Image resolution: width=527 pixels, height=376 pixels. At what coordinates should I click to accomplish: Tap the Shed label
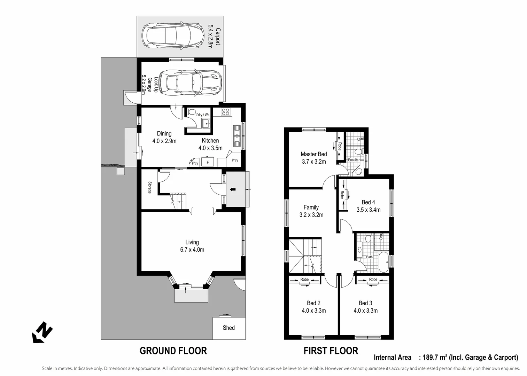[x=228, y=328]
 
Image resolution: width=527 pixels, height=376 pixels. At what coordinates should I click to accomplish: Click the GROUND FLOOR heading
[x=173, y=351]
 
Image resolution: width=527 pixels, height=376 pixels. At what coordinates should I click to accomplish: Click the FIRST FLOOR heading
[x=331, y=351]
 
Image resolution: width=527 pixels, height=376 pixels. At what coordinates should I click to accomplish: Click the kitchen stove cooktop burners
[x=225, y=112]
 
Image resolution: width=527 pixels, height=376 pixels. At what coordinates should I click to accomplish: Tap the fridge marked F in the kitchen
[x=208, y=163]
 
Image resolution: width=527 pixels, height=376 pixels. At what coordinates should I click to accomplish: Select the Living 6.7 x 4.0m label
[x=192, y=246]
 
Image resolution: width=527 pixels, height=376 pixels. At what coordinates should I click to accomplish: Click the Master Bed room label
[x=313, y=158]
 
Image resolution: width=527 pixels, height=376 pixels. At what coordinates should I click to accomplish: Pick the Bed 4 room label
[x=368, y=206]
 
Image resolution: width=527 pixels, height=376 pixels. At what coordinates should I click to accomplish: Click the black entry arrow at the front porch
[x=233, y=189]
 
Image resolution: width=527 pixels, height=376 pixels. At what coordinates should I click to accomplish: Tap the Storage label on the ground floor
[x=149, y=188]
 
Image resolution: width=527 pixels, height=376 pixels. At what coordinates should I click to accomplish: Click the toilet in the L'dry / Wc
[x=191, y=112]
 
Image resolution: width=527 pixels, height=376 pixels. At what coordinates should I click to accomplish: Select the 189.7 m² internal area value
[x=435, y=357]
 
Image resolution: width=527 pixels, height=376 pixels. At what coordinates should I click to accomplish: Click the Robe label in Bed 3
[x=373, y=280]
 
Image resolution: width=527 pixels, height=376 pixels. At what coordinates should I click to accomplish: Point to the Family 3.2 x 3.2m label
[x=311, y=211]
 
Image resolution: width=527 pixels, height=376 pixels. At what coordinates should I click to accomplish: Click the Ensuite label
[x=353, y=160]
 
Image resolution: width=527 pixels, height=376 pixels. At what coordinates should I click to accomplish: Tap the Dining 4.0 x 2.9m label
[x=164, y=137]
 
